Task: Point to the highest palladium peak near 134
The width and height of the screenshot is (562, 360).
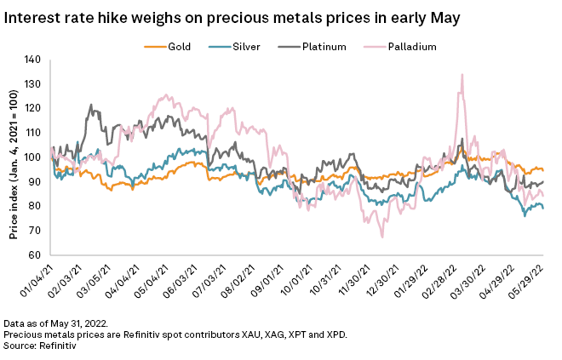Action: coord(462,75)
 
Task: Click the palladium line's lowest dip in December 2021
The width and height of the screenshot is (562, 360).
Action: coord(382,237)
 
